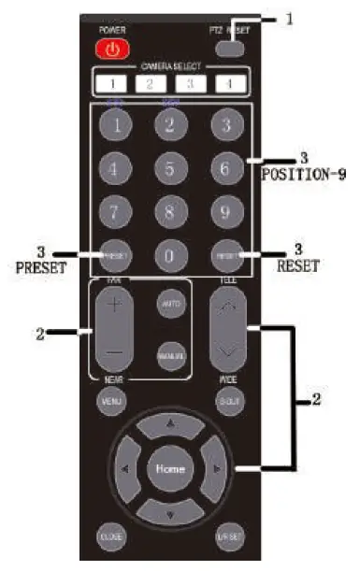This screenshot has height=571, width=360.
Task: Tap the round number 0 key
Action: tap(169, 253)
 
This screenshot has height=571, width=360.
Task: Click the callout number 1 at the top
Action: tap(290, 17)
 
